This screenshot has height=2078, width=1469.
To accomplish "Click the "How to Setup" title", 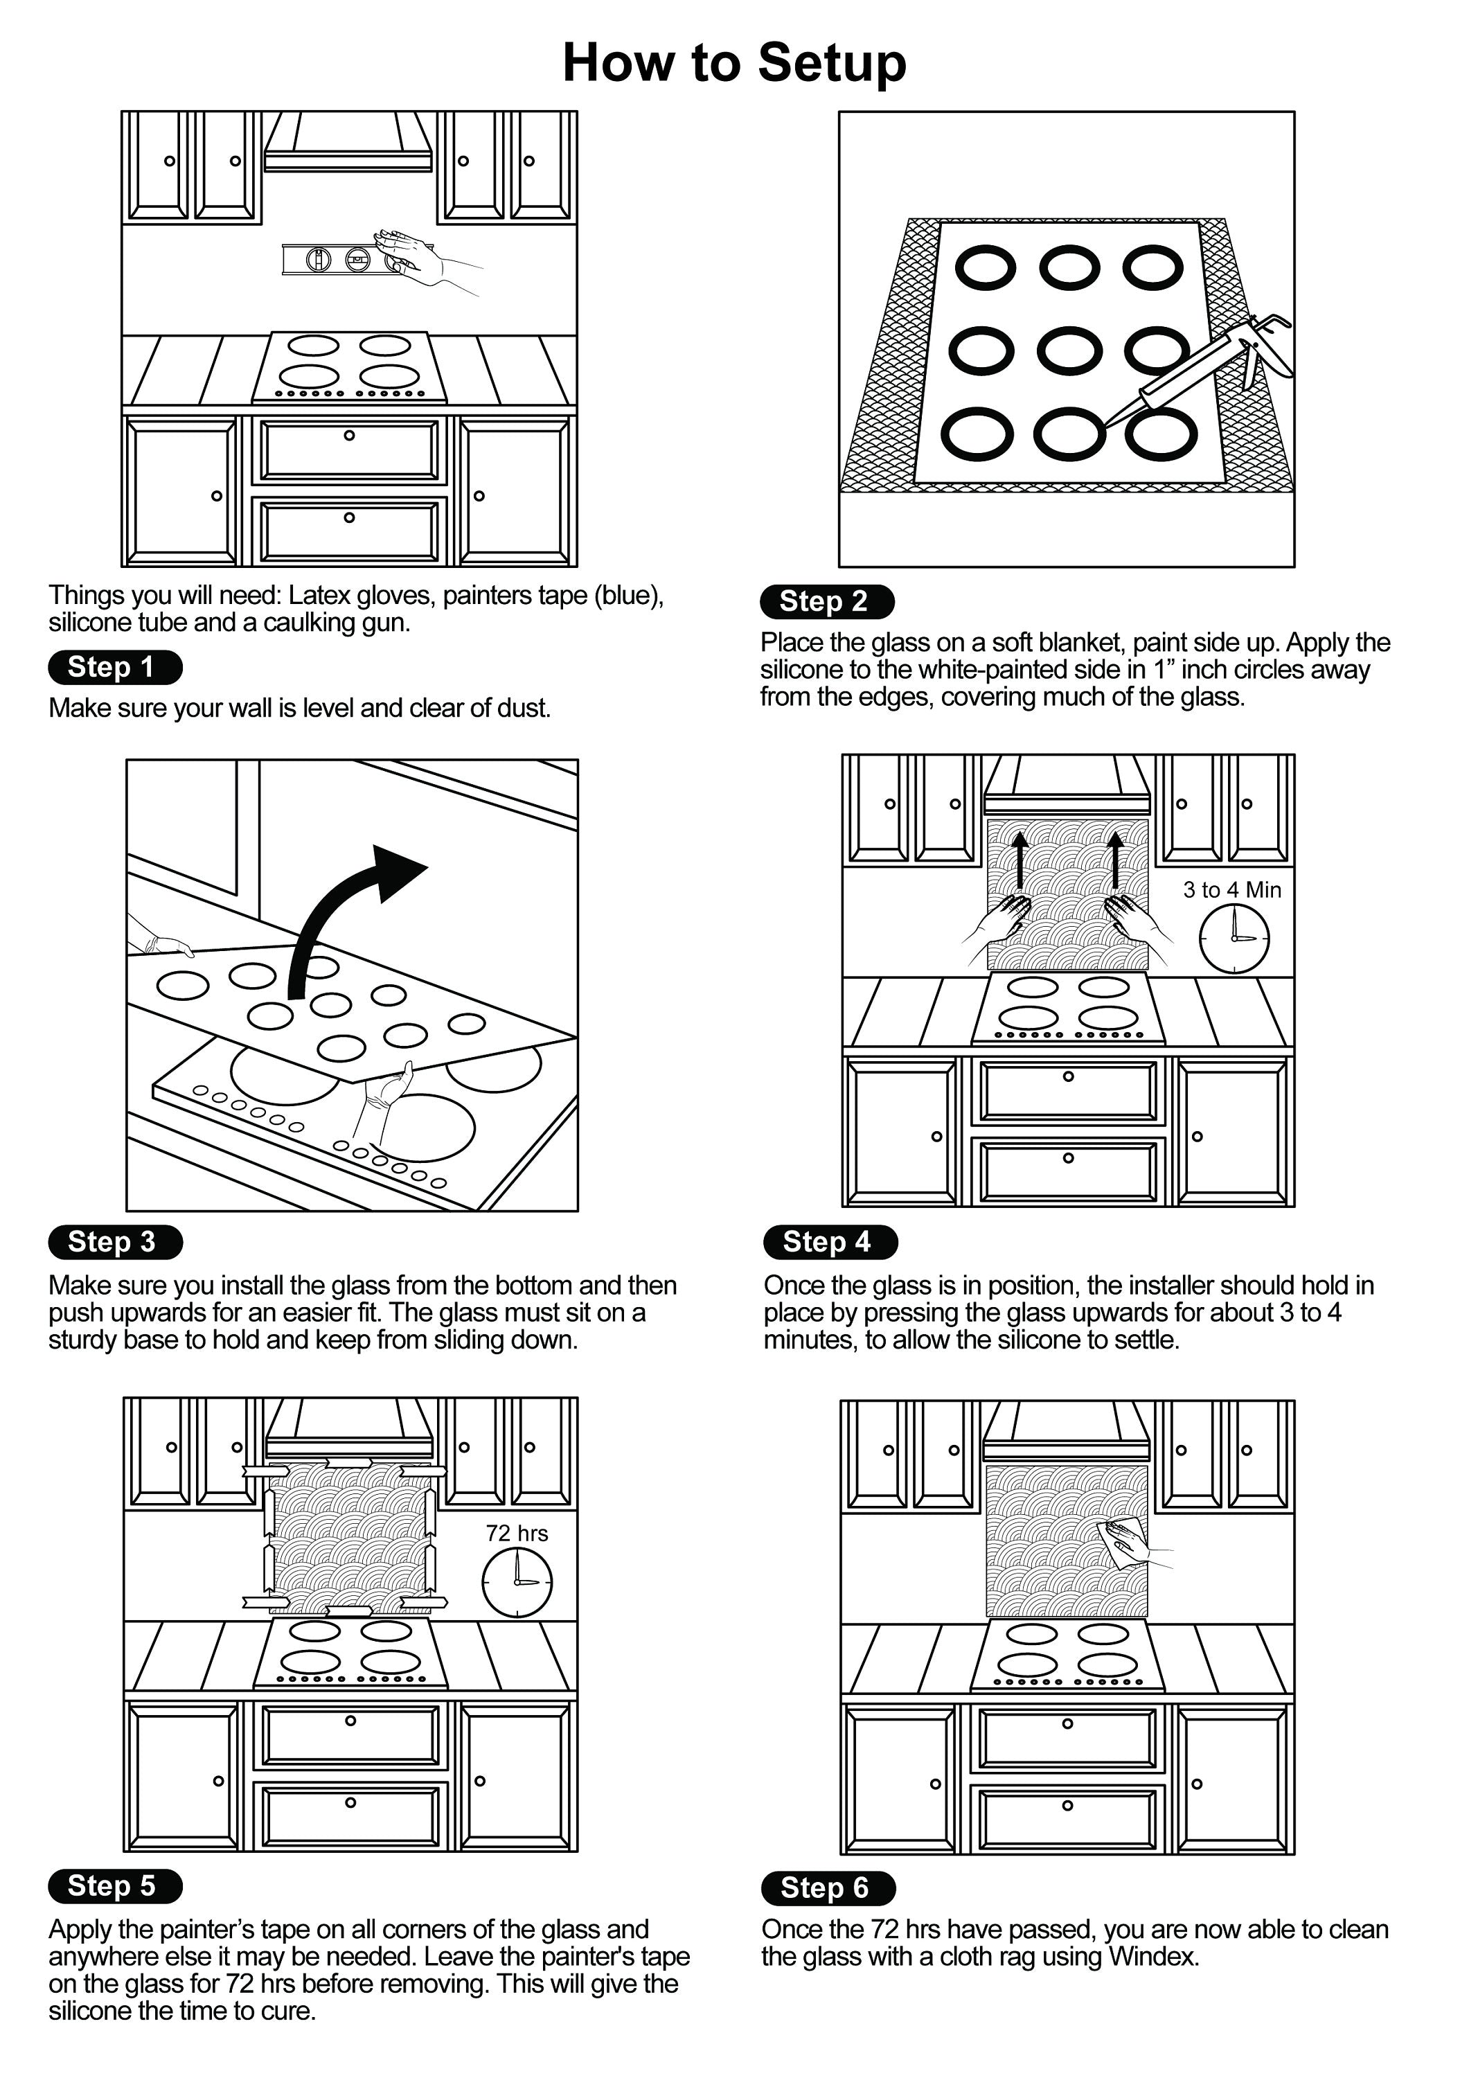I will (x=734, y=62).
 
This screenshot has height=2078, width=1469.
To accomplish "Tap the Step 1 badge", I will (x=115, y=667).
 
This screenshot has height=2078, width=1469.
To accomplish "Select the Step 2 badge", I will (x=826, y=601).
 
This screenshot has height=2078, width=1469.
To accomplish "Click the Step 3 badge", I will (x=115, y=1242).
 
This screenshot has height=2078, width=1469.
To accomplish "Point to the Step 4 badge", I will (x=830, y=1242).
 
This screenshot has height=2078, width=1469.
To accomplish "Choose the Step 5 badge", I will (x=115, y=1885).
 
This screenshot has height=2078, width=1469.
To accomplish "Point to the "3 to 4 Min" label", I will (x=1232, y=889).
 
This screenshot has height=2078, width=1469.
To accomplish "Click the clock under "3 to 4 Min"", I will (x=1234, y=939).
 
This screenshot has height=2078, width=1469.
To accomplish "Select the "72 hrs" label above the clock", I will (x=517, y=1533).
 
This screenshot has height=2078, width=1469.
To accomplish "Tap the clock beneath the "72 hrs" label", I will (x=517, y=1582).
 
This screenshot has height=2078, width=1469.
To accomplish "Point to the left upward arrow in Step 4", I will (x=1020, y=860).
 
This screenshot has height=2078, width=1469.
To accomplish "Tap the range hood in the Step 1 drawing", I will (x=348, y=145).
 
